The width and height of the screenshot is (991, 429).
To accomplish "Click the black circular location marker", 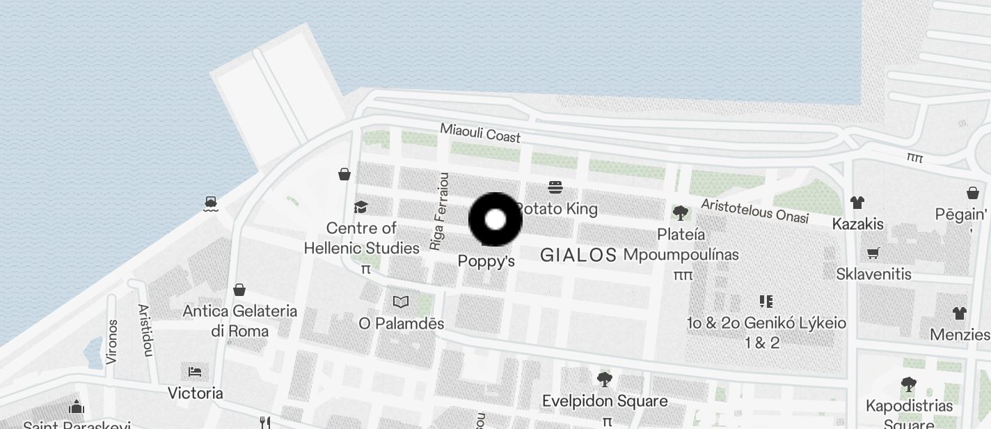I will (495, 219).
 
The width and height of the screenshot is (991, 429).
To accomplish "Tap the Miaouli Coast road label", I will (480, 132).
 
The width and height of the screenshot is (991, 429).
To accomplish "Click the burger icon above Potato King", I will (555, 187).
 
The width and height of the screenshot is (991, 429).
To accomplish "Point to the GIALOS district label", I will (578, 255).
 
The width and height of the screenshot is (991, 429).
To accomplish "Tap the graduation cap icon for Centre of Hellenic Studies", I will (360, 207).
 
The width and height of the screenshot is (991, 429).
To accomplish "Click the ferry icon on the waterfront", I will (211, 203).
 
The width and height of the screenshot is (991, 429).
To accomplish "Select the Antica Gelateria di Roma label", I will (239, 320).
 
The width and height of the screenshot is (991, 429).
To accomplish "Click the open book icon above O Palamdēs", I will (401, 302).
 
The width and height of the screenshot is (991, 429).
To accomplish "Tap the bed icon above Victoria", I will (195, 371).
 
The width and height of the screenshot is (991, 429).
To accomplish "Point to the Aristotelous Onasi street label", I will (754, 210).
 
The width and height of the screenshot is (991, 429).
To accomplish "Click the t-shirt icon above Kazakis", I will (857, 203).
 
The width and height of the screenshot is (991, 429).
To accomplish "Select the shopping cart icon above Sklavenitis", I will (873, 253).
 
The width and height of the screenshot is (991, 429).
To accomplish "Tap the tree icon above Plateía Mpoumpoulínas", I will (681, 213).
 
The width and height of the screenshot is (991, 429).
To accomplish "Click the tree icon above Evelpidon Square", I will (604, 380).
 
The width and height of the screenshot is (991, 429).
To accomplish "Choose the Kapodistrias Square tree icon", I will (908, 384).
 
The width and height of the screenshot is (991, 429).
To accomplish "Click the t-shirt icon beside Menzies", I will (960, 313).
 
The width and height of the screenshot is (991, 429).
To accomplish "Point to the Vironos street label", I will (112, 341).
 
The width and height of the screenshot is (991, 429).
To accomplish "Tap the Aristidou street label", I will (145, 329).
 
